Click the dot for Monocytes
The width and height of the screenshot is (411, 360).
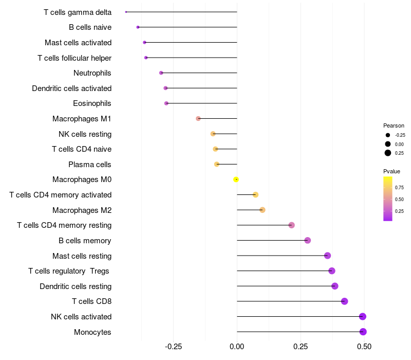[x=363, y=332]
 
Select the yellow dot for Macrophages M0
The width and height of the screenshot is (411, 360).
[x=236, y=179]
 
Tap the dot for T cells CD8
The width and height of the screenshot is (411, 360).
[x=344, y=301]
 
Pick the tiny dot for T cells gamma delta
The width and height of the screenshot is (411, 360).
[x=126, y=12]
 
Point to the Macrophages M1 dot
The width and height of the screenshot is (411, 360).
[x=198, y=119]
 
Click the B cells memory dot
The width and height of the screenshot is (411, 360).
[x=308, y=240]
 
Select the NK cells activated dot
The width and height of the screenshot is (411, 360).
[x=363, y=316]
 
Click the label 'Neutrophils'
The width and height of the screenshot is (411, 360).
[x=92, y=73]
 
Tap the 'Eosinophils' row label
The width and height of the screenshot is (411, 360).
[x=92, y=103]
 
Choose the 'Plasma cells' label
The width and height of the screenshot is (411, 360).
[x=90, y=165]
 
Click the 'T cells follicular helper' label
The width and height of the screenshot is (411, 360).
[x=74, y=58]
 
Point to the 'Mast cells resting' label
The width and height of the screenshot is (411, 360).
[x=82, y=256]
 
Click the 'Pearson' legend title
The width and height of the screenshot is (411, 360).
[x=394, y=125]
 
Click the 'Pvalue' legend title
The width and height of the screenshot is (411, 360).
[x=391, y=171]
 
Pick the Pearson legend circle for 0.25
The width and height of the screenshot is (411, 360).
[x=388, y=153]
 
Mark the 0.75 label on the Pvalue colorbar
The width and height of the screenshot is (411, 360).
[x=399, y=188]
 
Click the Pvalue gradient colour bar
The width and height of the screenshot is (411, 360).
[x=388, y=199]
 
